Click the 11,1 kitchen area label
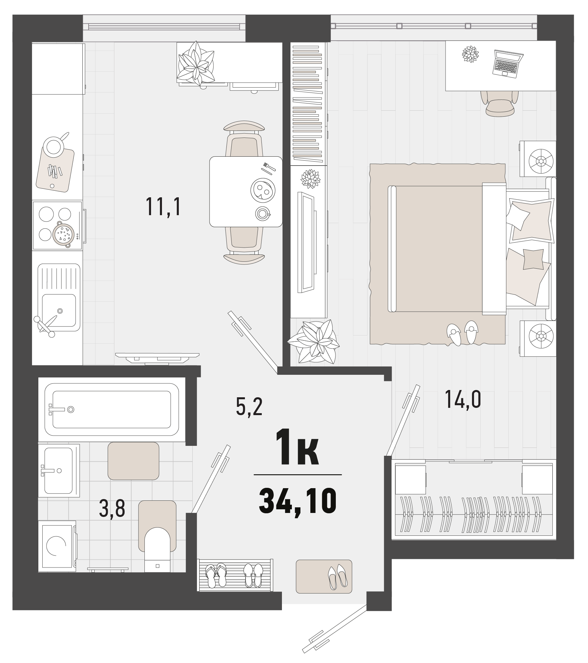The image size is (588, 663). (164, 207)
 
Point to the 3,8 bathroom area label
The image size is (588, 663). (112, 509)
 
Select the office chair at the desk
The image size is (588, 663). (500, 103)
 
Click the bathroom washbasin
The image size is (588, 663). (59, 470)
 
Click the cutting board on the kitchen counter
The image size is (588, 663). (55, 169)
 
